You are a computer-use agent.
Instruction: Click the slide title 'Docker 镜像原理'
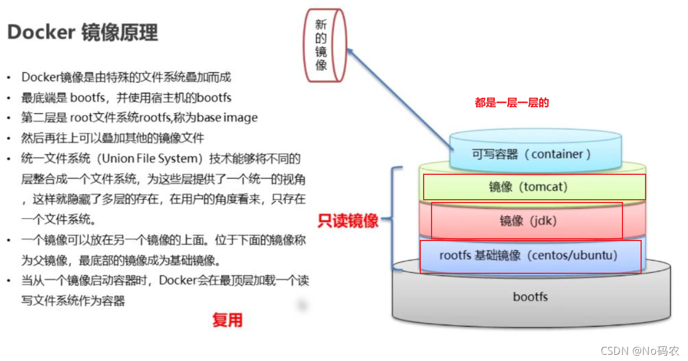coord(82,33)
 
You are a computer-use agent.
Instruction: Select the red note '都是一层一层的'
coord(512,103)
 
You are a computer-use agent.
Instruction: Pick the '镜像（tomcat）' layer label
coord(528,186)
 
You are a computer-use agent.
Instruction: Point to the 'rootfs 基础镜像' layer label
coord(528,255)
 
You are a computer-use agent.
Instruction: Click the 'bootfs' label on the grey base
coord(530,296)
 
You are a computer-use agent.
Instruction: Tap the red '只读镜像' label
coord(348,221)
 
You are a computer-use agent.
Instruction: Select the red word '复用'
coord(227,320)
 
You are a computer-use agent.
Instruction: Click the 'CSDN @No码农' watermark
coord(640,351)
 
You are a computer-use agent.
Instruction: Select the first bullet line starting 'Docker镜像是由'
coord(126,77)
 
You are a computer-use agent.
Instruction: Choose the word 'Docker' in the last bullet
coord(177,281)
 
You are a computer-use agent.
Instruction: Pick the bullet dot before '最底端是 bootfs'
coord(8,98)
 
